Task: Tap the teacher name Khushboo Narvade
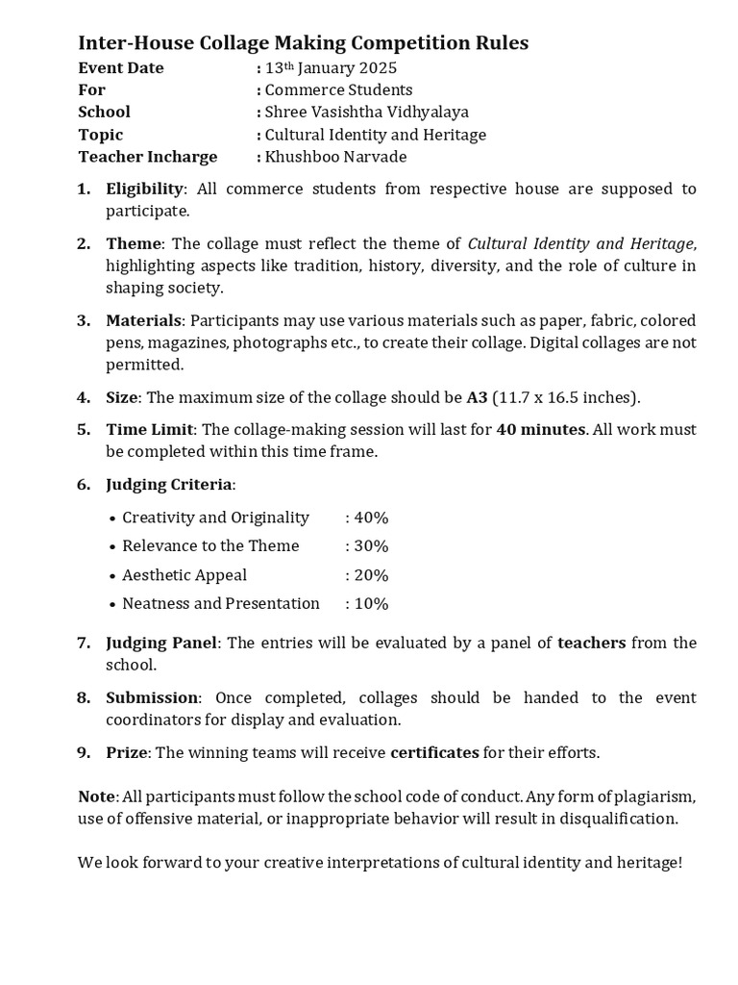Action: coord(335,157)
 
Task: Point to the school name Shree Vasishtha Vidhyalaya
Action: coord(366,113)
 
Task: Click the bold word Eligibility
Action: coord(143,189)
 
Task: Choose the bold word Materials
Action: coord(143,320)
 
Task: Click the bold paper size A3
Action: coord(477,397)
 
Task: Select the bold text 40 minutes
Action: coord(540,430)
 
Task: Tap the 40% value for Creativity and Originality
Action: coord(370,518)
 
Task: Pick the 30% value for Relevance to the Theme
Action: coord(370,546)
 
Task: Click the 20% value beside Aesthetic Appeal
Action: coord(370,575)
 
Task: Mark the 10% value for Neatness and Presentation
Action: coord(370,604)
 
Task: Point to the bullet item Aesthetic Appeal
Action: coord(184,575)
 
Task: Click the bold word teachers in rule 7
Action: coord(591,643)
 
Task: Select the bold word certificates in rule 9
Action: coord(434,753)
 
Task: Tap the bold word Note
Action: coord(96,797)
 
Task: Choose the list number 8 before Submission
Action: coord(84,698)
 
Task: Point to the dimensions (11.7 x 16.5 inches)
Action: coord(566,397)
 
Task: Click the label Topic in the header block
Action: coord(101,135)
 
